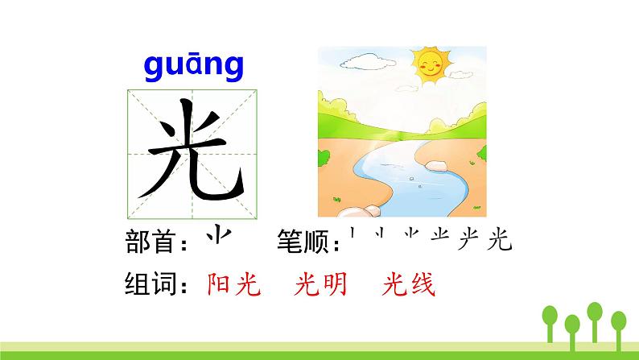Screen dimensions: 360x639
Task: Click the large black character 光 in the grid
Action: [193, 153]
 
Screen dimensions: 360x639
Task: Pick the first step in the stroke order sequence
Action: [353, 236]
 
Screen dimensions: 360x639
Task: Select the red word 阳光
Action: [233, 285]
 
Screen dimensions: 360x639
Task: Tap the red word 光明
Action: [323, 285]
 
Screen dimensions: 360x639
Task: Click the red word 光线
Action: [409, 285]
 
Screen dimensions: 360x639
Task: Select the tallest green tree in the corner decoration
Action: [595, 318]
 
